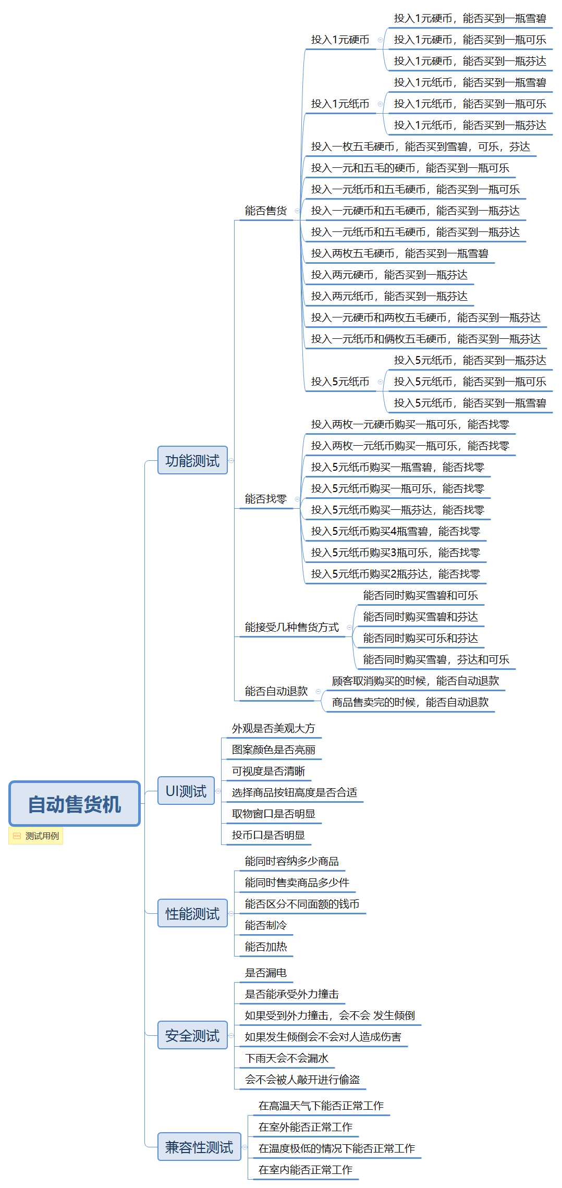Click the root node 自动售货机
click(x=75, y=804)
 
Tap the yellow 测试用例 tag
click(x=36, y=836)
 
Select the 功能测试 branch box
click(x=192, y=460)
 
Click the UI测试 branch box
click(x=186, y=791)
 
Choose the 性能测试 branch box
click(x=192, y=913)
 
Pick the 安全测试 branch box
click(x=192, y=1035)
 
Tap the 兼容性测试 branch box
click(x=199, y=1147)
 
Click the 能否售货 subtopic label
click(x=266, y=211)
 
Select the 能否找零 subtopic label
click(x=266, y=499)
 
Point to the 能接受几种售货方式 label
click(x=292, y=627)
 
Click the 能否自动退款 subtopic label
click(x=276, y=691)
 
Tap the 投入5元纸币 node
click(x=340, y=382)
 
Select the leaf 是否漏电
click(x=266, y=973)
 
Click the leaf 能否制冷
click(x=266, y=925)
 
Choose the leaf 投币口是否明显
click(x=268, y=835)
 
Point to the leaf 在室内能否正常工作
click(x=306, y=1170)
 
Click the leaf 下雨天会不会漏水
click(x=287, y=1058)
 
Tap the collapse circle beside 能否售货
click(x=297, y=211)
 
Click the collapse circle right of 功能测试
click(x=231, y=460)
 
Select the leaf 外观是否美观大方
click(x=274, y=728)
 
